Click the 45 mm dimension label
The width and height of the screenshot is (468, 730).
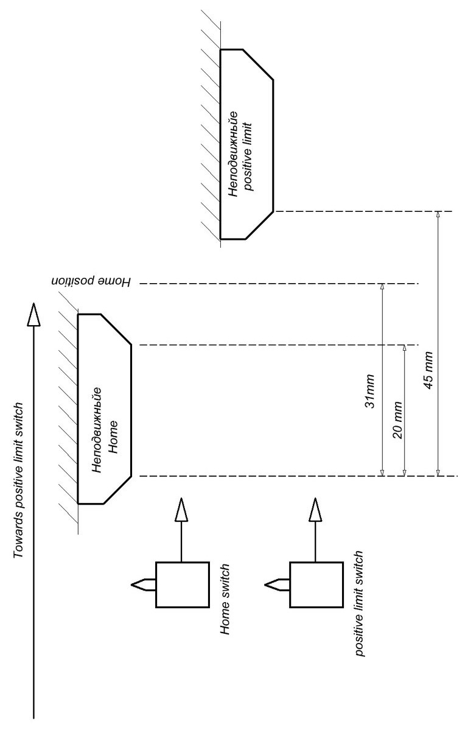429,370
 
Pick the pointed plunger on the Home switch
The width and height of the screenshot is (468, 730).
143,584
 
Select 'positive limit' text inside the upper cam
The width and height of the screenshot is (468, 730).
249,156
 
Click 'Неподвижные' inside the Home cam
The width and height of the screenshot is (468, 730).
96,429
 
